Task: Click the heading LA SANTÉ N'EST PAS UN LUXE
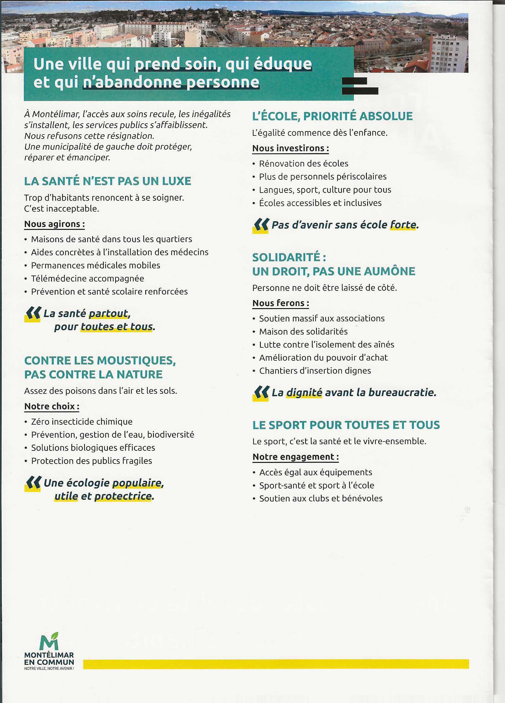pos(108,181)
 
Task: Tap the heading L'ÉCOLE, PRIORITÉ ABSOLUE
pos(332,116)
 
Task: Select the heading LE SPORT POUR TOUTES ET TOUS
pos(346,425)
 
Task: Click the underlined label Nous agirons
pos(54,224)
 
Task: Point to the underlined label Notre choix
pos(51,406)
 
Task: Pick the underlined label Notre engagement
pos(295,457)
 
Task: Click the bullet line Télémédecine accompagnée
pos(87,278)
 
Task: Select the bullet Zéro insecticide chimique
pos(82,422)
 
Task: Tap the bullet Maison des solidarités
pos(303,331)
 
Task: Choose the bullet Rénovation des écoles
pos(303,163)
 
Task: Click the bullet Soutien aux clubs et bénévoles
pos(321,498)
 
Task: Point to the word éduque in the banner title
pos(283,64)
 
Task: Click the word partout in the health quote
pos(108,313)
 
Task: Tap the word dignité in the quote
pos(304,393)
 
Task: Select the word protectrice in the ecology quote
pos(123,496)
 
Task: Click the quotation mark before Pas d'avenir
pos(261,225)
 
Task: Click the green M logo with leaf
pos(49,641)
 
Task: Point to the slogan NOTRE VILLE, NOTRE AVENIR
pos(49,669)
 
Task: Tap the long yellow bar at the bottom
pos(276,664)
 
